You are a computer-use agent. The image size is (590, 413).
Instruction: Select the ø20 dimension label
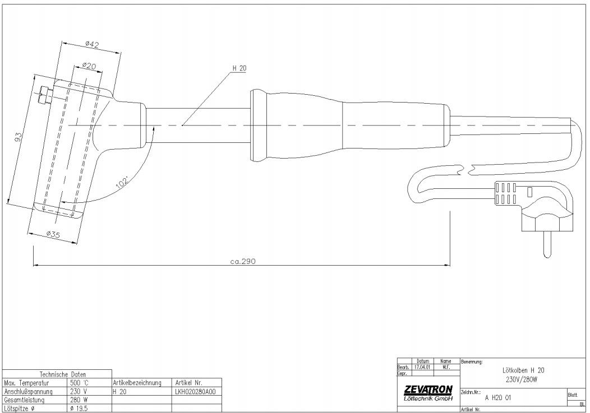89,66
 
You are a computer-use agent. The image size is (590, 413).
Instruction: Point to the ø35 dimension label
53,234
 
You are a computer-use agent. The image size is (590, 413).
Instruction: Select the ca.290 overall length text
243,261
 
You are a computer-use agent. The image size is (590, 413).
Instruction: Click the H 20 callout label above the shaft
240,68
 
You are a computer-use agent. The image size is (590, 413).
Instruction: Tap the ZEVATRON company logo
428,389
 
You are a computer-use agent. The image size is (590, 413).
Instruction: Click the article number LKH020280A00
196,392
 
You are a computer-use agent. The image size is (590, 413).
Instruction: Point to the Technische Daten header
58,374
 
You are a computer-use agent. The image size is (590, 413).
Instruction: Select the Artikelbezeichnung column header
137,383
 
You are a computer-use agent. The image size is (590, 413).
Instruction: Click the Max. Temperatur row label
28,383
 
